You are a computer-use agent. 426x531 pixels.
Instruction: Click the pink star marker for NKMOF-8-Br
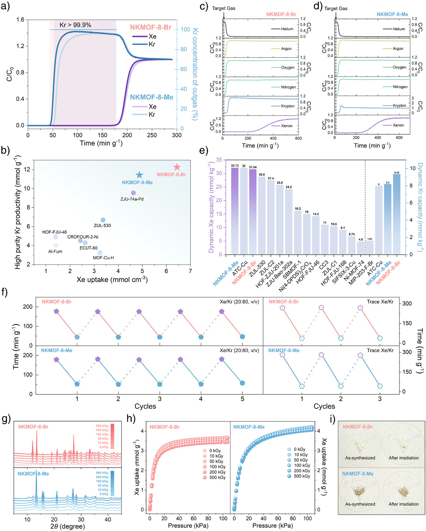tap(177, 167)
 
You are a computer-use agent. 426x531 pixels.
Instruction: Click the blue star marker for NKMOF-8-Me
tap(139, 175)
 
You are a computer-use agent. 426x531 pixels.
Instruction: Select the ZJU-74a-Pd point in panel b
tap(133, 193)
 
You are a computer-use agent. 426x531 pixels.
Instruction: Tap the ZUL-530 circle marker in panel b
tap(103, 220)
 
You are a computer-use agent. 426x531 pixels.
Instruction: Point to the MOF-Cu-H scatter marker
tap(100, 252)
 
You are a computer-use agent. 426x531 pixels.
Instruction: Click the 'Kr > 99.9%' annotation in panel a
tap(75, 25)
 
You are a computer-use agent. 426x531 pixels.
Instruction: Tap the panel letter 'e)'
tap(203, 151)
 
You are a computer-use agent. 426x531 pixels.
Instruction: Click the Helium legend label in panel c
tap(287, 29)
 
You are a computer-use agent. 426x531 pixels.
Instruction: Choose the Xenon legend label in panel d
tap(398, 125)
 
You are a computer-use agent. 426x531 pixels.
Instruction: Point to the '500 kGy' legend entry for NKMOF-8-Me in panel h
tap(302, 476)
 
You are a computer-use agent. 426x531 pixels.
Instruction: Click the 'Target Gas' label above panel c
tap(224, 8)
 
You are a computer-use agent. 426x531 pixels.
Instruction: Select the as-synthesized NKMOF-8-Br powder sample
tap(360, 444)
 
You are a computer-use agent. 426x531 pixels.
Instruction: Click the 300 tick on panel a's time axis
tap(177, 135)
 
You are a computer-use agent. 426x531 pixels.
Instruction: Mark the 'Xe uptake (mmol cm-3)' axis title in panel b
tap(112, 280)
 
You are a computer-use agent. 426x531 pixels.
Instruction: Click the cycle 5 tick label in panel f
tap(242, 399)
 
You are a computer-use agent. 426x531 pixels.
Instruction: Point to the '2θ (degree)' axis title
tap(67, 526)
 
